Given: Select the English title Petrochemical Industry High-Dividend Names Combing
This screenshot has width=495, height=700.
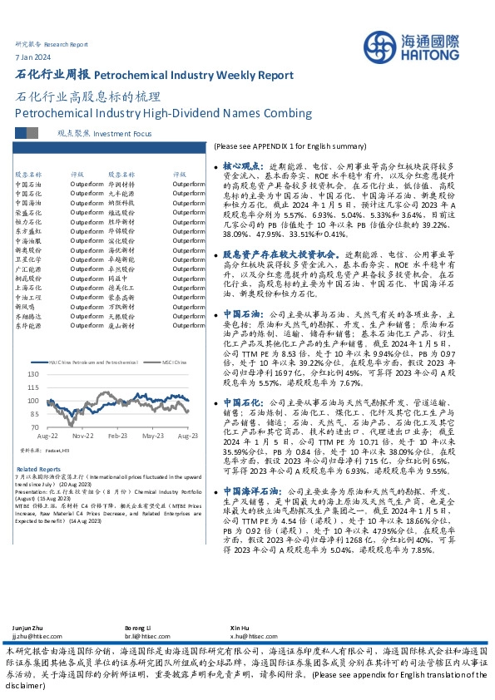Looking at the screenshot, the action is point(163,113).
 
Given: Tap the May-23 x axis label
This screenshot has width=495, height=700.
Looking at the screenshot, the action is point(153,435).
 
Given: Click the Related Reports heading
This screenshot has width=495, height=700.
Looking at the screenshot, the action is point(33,469).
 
